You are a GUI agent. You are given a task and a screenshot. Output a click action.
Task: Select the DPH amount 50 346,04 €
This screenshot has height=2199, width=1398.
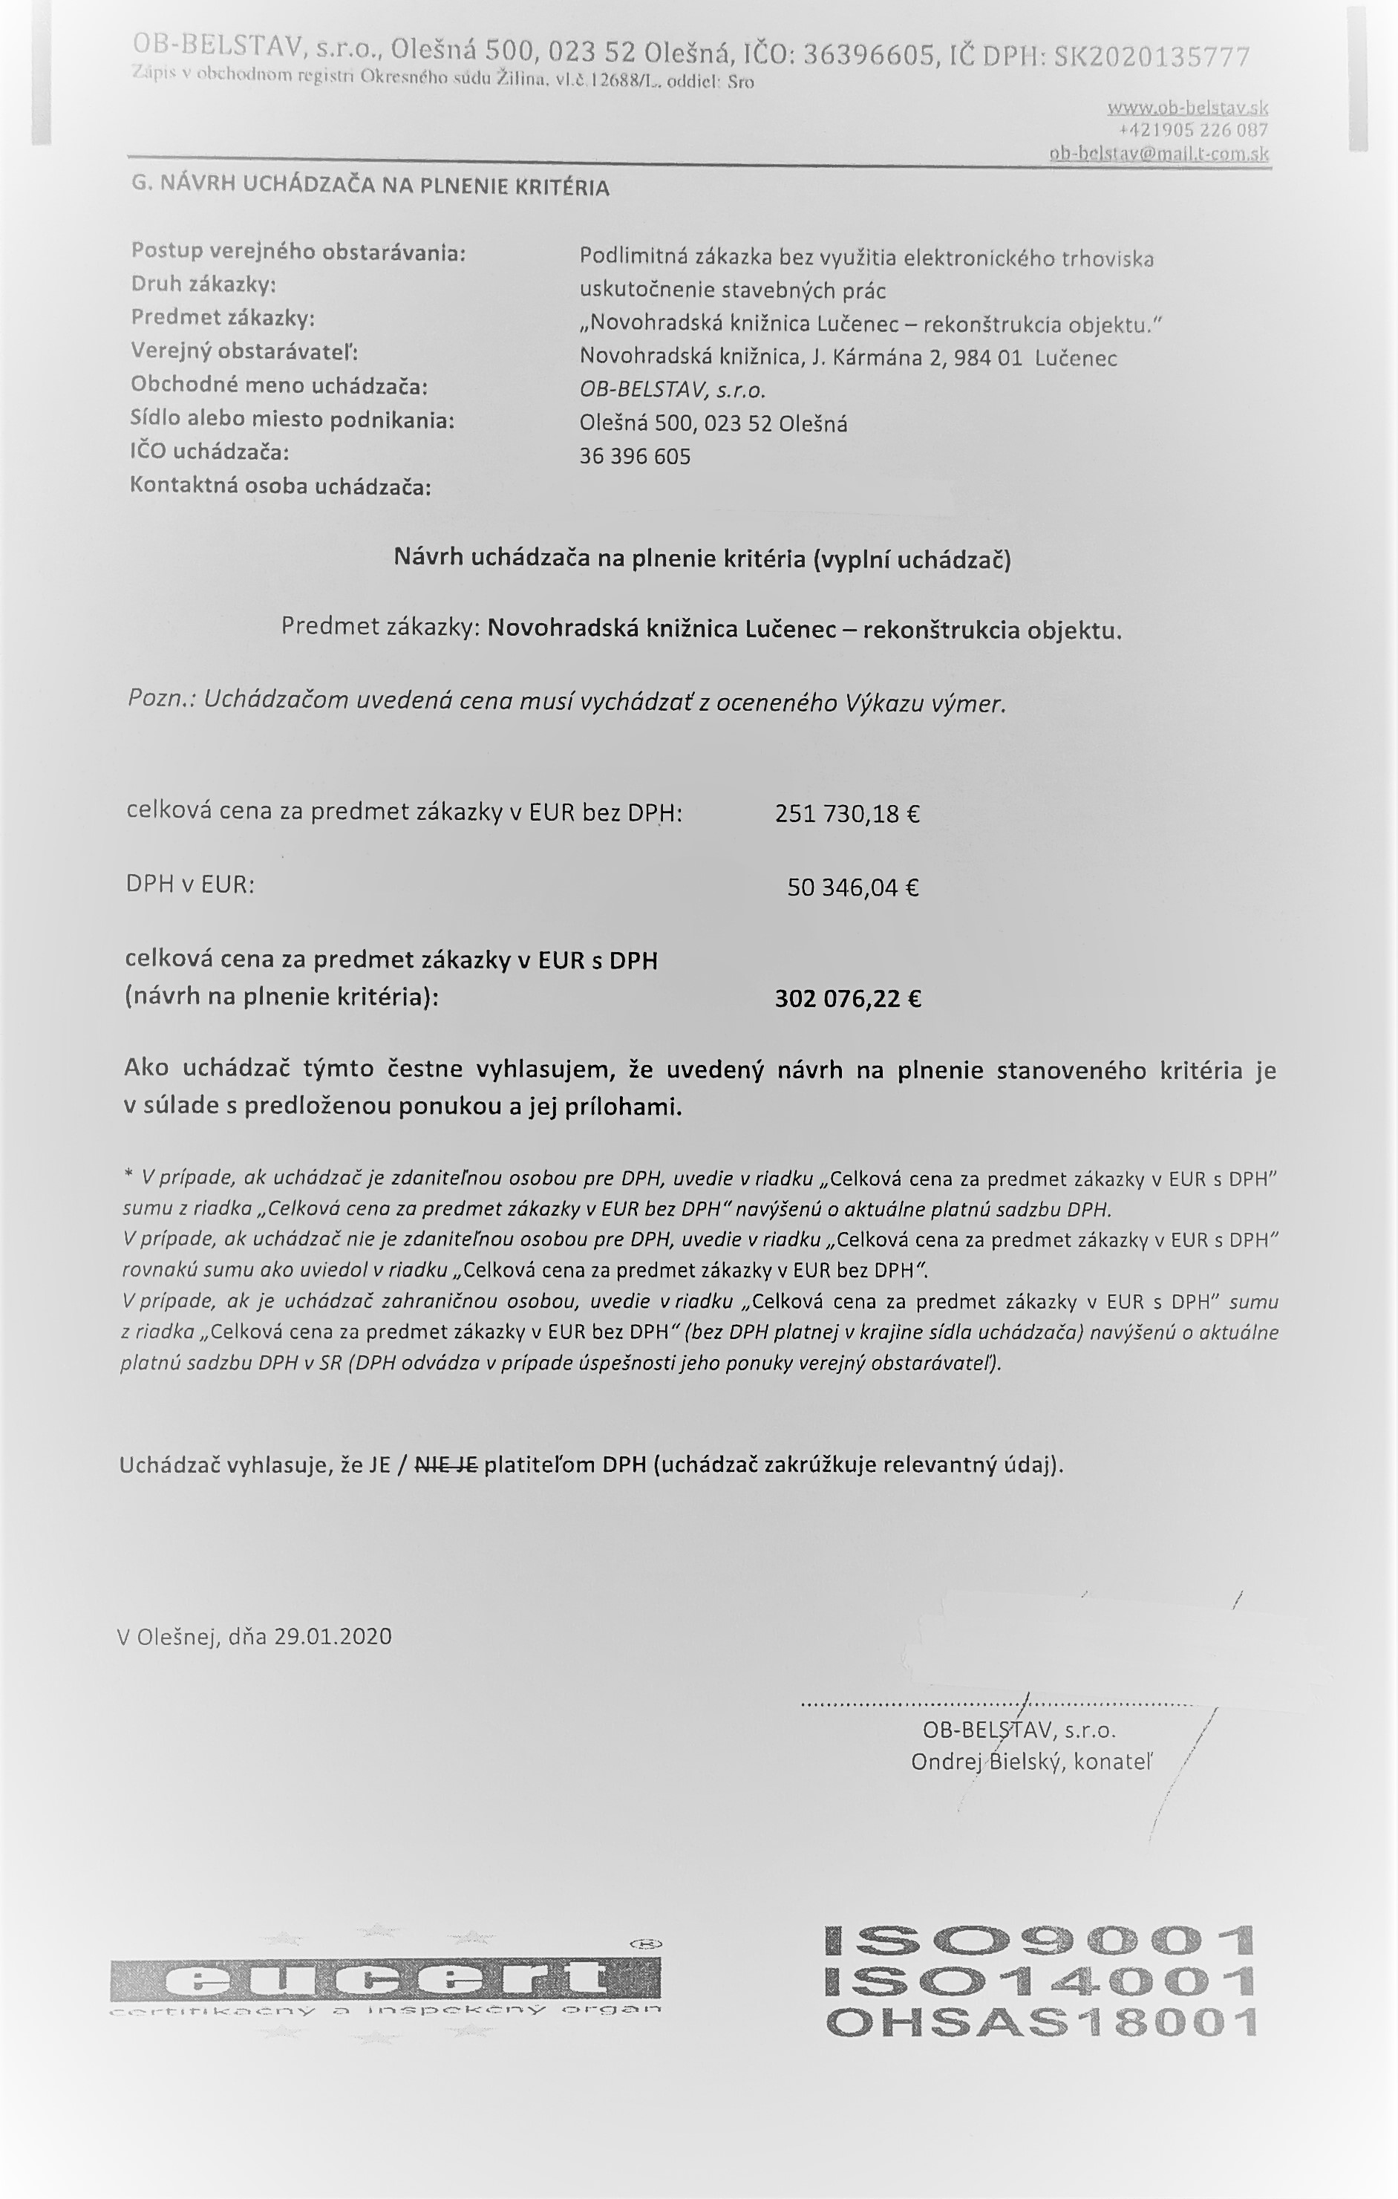coord(853,887)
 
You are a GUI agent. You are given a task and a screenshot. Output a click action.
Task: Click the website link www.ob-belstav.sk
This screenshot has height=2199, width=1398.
coord(1187,107)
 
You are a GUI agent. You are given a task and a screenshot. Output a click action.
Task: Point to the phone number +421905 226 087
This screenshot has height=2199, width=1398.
coord(1193,130)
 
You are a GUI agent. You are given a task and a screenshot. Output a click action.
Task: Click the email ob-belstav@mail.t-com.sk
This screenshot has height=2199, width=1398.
coord(1159,154)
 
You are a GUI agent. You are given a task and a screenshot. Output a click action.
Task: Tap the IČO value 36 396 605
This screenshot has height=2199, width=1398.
coord(635,456)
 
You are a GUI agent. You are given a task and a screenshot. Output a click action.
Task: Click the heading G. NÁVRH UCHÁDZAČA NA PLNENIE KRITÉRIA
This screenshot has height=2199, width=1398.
coord(370,186)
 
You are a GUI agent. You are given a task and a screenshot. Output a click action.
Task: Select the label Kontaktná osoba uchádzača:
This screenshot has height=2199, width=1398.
coord(281,486)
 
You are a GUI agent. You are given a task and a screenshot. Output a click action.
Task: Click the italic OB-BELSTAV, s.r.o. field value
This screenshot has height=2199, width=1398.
coord(672,390)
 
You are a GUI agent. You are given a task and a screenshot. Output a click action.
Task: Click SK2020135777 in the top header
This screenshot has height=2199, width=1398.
coord(1152,56)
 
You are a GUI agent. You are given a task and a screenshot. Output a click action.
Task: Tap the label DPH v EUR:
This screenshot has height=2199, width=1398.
coord(190,884)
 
